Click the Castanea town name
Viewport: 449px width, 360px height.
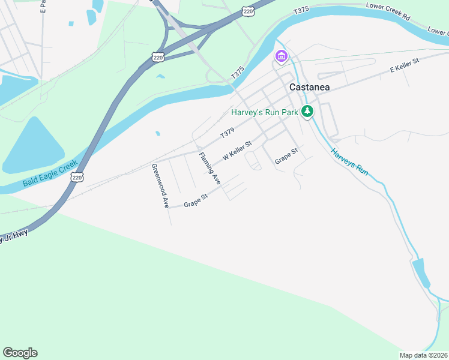click(309, 86)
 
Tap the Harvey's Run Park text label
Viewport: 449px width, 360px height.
click(265, 112)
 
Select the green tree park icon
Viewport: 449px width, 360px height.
click(307, 111)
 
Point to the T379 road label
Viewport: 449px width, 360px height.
click(226, 131)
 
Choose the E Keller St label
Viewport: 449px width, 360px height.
click(404, 65)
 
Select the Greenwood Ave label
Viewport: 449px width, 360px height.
click(160, 185)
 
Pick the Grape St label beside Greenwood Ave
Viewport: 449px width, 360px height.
click(196, 200)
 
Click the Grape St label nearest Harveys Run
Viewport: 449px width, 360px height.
click(286, 156)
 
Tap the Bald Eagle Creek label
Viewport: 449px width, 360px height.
click(50, 173)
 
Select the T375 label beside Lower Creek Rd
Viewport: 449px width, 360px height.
click(301, 11)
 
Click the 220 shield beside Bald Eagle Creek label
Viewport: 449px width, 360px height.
click(76, 177)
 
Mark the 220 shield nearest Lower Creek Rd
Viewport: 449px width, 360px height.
click(248, 11)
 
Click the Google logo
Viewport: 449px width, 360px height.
click(20, 353)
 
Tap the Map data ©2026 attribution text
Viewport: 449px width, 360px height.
click(424, 355)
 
